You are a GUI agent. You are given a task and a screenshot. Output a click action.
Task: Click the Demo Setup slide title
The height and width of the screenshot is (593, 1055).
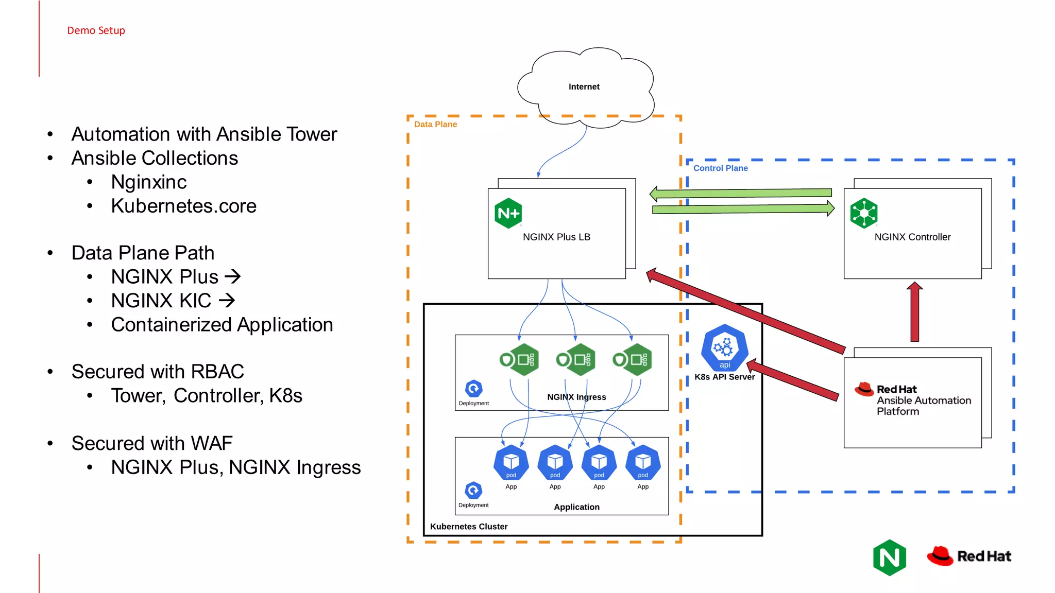pos(96,30)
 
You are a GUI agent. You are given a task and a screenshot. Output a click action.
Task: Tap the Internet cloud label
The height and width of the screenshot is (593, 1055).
pos(584,86)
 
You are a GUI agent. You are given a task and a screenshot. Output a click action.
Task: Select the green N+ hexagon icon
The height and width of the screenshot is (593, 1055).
pos(508,213)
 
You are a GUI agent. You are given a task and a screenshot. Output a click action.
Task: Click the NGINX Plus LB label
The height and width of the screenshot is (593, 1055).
pos(556,237)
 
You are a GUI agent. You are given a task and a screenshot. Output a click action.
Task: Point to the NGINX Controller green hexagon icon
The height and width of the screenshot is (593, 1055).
pos(863,213)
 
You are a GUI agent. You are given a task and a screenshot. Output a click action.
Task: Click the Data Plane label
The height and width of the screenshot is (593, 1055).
pos(435,124)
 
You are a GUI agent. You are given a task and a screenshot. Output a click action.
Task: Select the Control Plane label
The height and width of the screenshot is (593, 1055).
pos(720,168)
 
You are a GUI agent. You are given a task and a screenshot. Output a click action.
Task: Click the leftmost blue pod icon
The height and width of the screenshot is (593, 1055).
pos(511,462)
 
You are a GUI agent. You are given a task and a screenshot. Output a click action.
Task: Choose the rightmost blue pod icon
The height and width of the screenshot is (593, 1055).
pos(642,462)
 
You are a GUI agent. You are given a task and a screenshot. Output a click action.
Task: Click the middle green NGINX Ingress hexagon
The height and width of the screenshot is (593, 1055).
pos(576,359)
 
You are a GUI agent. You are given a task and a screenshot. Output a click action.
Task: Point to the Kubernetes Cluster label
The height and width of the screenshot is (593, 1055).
pos(469,526)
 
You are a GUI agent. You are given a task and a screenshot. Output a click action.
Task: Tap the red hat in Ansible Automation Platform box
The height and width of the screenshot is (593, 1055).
pos(864,389)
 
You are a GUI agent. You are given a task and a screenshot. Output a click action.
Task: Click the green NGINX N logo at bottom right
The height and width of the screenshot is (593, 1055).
pos(890,557)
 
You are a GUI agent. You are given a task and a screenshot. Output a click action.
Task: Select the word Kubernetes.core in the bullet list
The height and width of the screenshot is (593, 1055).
pos(183,206)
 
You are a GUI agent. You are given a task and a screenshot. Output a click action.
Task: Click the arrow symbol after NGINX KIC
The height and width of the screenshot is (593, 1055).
pos(227,300)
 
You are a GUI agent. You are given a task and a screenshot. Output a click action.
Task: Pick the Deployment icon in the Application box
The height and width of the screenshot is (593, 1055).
pos(473,490)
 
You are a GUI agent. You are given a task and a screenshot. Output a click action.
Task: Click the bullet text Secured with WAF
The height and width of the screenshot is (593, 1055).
pos(152,443)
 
